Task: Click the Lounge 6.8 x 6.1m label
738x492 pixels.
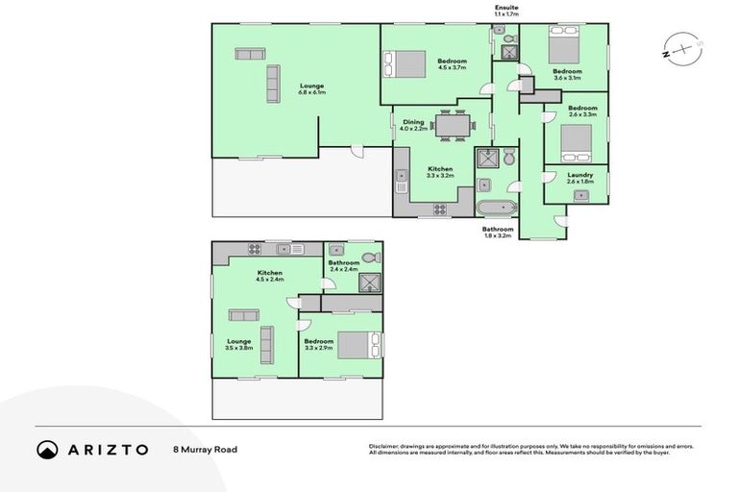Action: [x=311, y=88]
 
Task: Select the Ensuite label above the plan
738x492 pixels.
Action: [x=505, y=9]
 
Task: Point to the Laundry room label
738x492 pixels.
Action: [x=579, y=178]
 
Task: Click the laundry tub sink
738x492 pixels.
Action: [x=580, y=195]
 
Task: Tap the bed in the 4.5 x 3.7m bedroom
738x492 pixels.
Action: [x=405, y=64]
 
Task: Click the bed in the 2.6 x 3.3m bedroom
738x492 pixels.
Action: [x=576, y=141]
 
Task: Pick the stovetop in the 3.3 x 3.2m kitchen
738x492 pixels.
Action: [x=438, y=209]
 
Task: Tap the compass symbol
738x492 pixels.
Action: [x=679, y=46]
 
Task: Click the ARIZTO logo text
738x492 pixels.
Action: [x=107, y=449]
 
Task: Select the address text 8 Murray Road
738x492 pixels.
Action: [x=204, y=449]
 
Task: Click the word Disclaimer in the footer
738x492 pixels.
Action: [x=385, y=447]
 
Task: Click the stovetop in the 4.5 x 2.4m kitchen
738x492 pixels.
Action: [x=256, y=250]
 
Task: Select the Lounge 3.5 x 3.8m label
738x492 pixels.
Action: [x=238, y=344]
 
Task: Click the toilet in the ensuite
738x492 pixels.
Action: [x=500, y=31]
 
